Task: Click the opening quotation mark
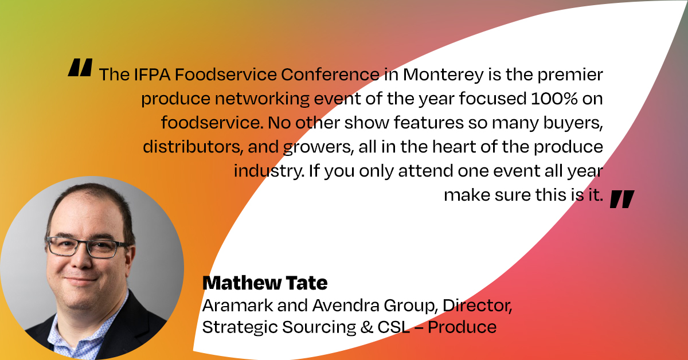pos(80,67)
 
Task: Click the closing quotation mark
pos(622,199)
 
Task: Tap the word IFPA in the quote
pos(152,75)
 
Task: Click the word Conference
pos(330,75)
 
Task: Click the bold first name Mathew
pos(242,283)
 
